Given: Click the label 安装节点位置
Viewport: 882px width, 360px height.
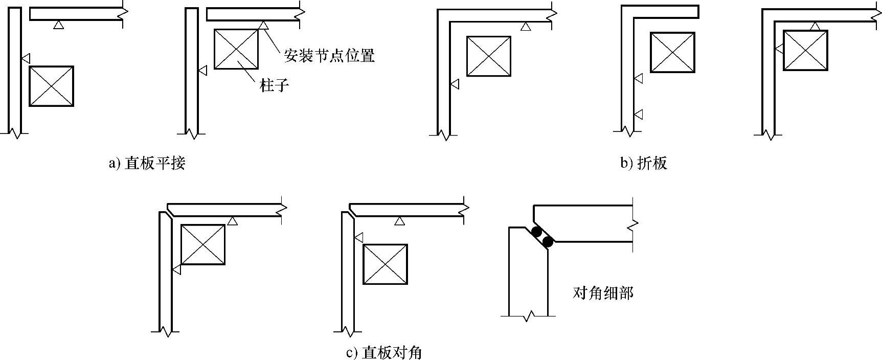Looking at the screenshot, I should (329, 56).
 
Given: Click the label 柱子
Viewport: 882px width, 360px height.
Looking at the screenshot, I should (275, 85).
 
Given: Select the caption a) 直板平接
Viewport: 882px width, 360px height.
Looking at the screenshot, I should (147, 164).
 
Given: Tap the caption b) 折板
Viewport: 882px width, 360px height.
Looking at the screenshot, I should (644, 164).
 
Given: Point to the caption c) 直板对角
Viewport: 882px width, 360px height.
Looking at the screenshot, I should (384, 353).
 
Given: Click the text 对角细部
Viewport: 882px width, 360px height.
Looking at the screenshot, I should (603, 293).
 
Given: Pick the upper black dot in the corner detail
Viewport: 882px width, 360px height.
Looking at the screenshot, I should (536, 232).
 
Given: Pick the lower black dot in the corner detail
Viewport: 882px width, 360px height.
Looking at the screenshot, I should (548, 241).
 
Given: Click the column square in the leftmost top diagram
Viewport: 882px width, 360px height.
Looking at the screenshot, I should (51, 86).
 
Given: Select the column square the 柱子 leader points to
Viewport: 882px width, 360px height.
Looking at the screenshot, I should (236, 49).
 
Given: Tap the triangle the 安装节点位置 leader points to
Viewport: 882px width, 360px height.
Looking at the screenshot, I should (263, 24).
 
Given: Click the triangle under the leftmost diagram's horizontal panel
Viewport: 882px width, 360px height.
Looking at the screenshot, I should (59, 25).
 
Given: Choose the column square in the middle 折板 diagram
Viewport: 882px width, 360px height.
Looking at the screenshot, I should (672, 53).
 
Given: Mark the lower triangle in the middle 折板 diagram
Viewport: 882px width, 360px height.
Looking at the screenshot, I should (638, 114).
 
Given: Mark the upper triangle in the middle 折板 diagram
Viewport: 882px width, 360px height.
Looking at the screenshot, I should (638, 78).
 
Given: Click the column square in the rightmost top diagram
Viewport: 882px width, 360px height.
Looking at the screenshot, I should (805, 50).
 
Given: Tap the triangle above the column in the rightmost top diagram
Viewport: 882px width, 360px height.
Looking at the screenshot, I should (816, 26).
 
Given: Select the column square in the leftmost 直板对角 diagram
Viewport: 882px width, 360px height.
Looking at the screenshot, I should (203, 244).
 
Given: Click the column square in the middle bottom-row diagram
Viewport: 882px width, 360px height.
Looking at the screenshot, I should (385, 264).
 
